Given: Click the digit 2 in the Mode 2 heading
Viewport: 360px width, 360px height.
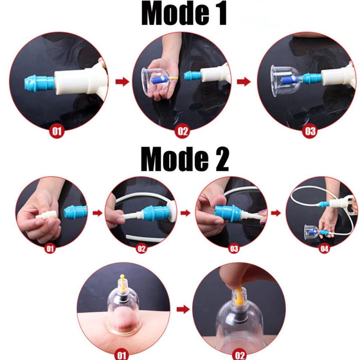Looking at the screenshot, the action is coord(221,159).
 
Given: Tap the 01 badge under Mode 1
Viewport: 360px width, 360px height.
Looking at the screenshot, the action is coord(57,131).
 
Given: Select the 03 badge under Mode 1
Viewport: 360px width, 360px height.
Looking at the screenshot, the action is coord(310,131).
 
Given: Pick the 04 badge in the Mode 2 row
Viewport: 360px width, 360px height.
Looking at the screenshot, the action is coord(324,248).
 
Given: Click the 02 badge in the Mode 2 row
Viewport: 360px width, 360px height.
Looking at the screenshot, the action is coord(141,248).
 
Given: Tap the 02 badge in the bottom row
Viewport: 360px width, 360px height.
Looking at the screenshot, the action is coord(240,355).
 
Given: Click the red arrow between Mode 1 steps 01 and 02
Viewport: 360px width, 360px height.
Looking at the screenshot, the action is coord(122,81).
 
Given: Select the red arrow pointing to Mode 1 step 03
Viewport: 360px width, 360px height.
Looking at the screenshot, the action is coord(244,81).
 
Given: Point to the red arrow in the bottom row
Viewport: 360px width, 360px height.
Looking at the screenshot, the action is coord(183,309).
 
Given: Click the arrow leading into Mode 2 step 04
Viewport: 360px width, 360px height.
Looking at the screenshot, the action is coord(276,213).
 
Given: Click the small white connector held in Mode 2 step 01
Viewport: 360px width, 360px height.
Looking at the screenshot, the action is coord(46,215).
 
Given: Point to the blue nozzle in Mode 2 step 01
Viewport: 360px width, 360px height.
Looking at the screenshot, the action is coord(75,211).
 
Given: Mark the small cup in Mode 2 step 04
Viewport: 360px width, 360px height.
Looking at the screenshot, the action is coord(311,232).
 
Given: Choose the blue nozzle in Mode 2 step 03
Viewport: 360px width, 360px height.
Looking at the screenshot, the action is coord(228,213).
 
